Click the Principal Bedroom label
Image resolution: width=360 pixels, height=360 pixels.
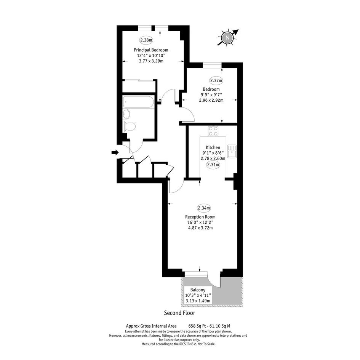tap(151, 50)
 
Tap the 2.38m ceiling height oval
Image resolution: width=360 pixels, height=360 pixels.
tap(146, 40)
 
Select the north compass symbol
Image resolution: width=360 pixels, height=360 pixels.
tap(227, 37)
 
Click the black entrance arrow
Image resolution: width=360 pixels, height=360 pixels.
tap(115, 152)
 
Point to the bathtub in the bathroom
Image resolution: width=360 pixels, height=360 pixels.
tap(138, 102)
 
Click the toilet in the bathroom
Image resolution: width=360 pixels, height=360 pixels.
tap(129, 126)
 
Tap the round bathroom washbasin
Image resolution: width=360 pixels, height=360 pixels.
tap(126, 114)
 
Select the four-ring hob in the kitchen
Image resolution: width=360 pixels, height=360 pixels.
tap(213, 131)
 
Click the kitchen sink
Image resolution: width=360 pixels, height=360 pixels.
tap(232, 151)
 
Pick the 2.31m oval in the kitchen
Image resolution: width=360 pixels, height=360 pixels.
tap(213, 165)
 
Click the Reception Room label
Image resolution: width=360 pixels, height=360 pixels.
tap(200, 217)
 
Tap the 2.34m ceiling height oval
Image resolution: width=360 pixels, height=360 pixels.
tap(204, 208)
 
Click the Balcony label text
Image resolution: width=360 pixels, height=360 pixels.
tap(198, 290)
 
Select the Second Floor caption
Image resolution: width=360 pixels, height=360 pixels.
tap(179, 313)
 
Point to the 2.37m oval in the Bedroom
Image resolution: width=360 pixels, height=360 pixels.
tap(216, 80)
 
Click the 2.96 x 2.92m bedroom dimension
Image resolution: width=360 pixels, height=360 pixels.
tap(211, 100)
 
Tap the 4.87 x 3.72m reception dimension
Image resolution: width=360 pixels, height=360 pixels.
tap(200, 228)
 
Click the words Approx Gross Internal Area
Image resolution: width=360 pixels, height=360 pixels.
tap(151, 326)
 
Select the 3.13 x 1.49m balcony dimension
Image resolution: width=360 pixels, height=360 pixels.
tap(198, 301)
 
